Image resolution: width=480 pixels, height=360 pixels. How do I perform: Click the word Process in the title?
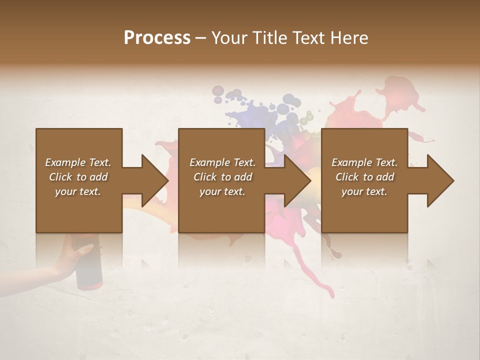click(157, 38)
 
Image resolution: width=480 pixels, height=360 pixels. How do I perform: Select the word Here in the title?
click(350, 38)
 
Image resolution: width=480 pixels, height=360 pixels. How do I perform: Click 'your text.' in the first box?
click(78, 191)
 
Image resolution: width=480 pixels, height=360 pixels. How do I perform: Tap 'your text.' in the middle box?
click(222, 191)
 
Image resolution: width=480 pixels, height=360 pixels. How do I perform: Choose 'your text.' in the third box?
click(364, 191)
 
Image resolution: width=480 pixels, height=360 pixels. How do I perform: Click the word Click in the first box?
click(60, 177)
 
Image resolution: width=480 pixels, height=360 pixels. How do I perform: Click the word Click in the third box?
click(347, 177)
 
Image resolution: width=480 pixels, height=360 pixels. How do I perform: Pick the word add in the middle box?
click(243, 177)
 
